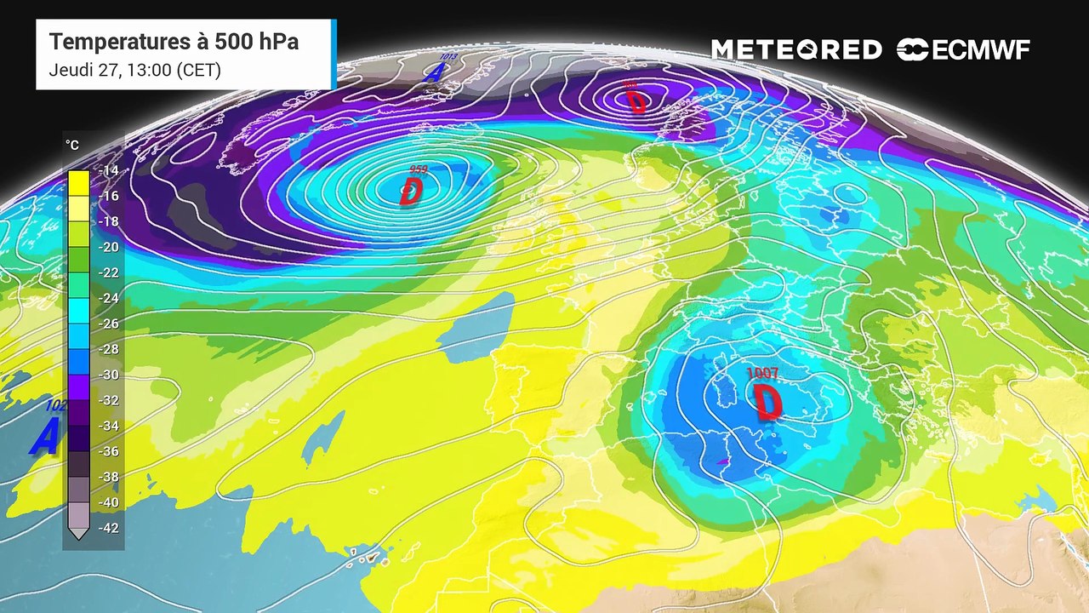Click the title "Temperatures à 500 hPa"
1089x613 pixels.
[174, 42]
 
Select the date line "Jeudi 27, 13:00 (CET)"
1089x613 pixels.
[135, 70]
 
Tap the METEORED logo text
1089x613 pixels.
[796, 50]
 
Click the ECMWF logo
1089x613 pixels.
[963, 50]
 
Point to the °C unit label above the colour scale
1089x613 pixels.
[72, 146]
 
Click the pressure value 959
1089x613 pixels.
[418, 170]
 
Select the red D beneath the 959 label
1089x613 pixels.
[410, 192]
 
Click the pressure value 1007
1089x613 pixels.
[762, 373]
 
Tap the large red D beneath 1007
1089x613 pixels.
[767, 402]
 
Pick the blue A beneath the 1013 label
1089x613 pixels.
[434, 73]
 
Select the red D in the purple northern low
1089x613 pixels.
[636, 101]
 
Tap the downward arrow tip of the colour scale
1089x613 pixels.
[78, 534]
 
